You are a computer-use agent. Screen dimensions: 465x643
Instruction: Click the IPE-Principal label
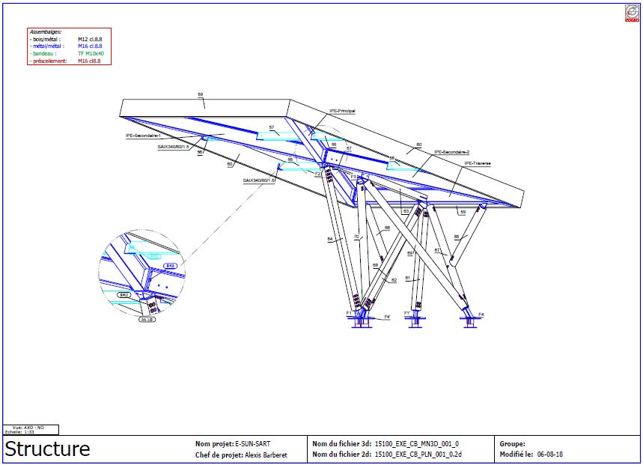(x=341, y=111)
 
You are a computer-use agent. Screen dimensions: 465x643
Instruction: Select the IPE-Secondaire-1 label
(x=143, y=136)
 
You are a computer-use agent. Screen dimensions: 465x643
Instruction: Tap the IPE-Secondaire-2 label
(x=451, y=151)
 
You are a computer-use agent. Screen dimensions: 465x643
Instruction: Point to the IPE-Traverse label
(x=477, y=162)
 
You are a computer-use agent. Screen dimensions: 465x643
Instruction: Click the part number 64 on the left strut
(x=329, y=239)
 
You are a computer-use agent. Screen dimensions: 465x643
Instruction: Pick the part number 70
(x=356, y=237)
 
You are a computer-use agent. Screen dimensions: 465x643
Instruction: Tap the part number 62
(x=394, y=279)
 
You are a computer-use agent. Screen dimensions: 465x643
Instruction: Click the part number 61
(x=407, y=279)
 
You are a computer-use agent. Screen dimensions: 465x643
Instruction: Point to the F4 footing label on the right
(x=481, y=314)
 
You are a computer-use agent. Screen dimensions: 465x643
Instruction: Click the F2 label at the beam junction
(x=317, y=174)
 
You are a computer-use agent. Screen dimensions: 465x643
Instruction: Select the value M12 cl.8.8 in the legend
(x=90, y=40)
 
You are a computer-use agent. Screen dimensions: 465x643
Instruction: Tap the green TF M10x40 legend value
(x=91, y=54)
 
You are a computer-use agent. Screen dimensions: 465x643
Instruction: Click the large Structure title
(x=48, y=449)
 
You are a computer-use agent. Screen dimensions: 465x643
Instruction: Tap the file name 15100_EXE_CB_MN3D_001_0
(x=417, y=443)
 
